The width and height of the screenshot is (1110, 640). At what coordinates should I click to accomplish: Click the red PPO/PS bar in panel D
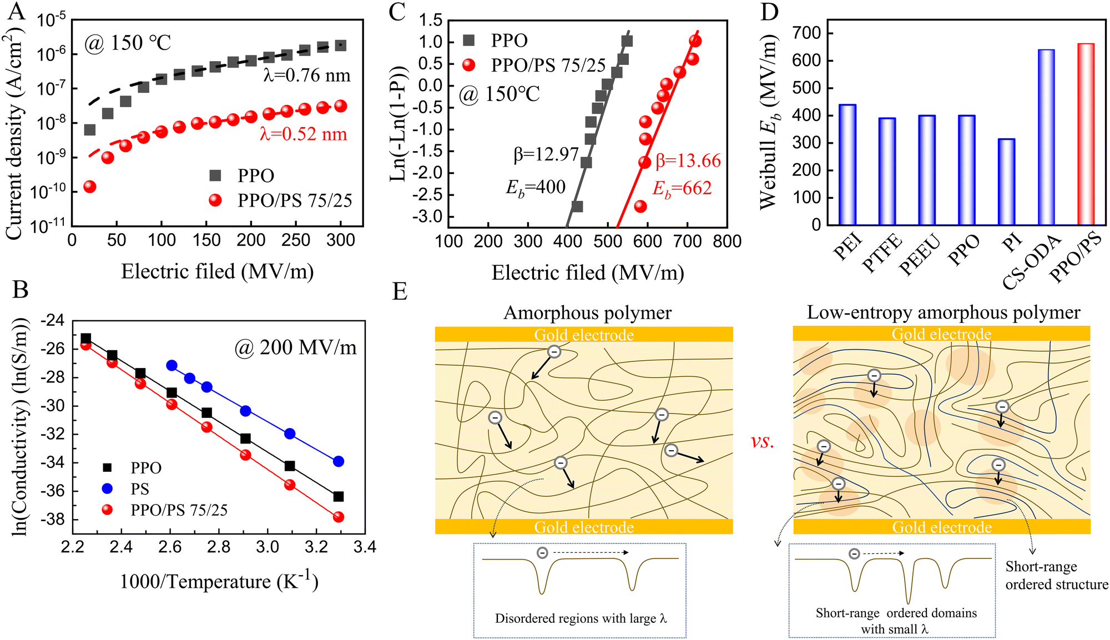point(1086,133)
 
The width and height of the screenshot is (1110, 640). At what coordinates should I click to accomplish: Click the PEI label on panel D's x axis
point(847,247)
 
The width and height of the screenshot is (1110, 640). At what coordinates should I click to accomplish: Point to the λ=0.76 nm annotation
point(307,75)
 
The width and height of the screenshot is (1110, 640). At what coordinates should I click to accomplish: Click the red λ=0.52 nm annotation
point(303,134)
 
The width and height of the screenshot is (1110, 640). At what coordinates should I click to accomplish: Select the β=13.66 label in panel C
point(688,161)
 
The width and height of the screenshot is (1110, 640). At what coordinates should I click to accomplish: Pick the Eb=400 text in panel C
point(535,188)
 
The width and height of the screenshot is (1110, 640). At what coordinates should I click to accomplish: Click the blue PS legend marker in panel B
point(108,488)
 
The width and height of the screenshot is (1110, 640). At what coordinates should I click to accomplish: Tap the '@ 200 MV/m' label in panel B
point(295,347)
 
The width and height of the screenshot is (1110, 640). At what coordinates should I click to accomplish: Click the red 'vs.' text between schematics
point(763,441)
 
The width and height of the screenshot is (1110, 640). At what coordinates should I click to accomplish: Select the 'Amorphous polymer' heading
point(587,313)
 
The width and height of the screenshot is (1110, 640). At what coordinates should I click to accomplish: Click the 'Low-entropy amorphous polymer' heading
point(943,313)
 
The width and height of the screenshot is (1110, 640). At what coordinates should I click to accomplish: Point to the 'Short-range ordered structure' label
point(1056,576)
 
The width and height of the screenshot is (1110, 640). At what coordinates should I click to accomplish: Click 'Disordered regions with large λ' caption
point(581,618)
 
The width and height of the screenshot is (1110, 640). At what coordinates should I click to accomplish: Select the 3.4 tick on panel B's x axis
point(364,547)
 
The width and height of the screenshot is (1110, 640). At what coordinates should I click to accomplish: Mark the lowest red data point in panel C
point(640,206)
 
